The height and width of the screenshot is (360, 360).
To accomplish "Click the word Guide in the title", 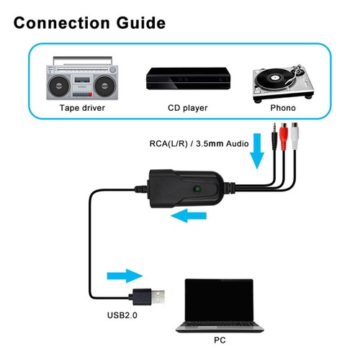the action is pos(141,23).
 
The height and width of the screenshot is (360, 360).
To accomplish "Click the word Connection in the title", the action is pos(62,23).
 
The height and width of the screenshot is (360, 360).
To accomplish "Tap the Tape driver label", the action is pos(82,108).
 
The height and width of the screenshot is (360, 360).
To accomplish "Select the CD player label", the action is pos(187,108).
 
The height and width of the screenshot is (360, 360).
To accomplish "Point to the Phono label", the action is pos(283,108).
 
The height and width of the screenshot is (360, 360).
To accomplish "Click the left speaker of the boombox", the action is pos(59,86).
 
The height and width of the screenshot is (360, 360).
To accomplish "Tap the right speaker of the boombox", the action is pos(104,86).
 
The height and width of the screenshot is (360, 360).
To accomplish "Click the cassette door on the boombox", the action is pos(82,80).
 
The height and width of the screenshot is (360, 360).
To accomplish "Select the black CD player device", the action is pos(188,78).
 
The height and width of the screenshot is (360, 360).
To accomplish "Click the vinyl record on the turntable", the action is pos(274,78).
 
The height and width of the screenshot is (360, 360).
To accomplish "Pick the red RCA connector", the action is pos(284,135).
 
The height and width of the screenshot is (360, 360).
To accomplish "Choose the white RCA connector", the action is pos(294,135).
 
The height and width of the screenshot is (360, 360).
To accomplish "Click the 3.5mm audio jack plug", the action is pos(274,137).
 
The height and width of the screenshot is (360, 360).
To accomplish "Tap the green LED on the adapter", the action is pos(197,189).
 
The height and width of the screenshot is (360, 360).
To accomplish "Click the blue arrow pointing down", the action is pos(257,151).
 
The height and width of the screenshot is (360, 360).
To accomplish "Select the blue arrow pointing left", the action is pos(189,215).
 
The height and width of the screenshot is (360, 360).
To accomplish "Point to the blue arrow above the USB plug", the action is pos(125,276).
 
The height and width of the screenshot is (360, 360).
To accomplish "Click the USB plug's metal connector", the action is pos(158,297).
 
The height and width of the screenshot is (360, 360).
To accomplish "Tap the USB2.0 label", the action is pos(122,315).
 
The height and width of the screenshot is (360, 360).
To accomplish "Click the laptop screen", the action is pos(219,300).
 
